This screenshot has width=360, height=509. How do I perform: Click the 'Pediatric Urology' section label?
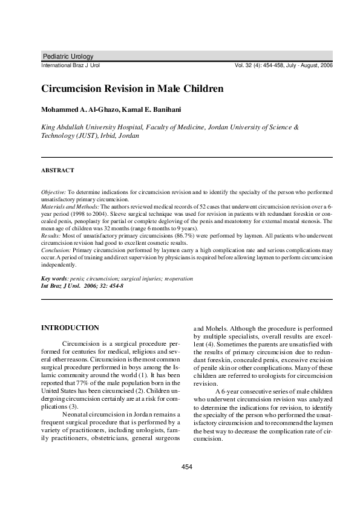pyautogui.click(x=68, y=56)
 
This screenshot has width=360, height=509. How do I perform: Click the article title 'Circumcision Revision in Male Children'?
pyautogui.click(x=133, y=88)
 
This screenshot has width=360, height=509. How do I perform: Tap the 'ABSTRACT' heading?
pyautogui.click(x=57, y=170)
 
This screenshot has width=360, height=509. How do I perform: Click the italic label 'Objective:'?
pyautogui.click(x=53, y=191)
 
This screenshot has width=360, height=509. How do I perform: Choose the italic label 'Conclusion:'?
pyautogui.click(x=56, y=249)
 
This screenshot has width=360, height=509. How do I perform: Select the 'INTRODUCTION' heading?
pyautogui.click(x=70, y=328)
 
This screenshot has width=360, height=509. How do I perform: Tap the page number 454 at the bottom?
pyautogui.click(x=187, y=467)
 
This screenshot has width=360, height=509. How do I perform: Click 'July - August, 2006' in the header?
pyautogui.click(x=309, y=65)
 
